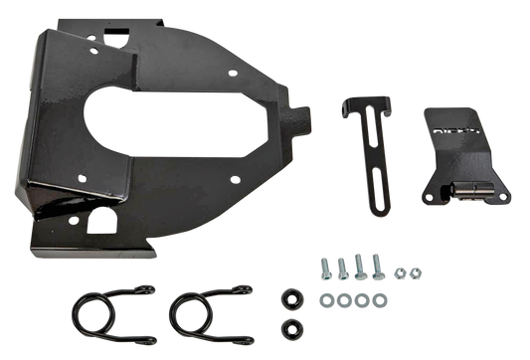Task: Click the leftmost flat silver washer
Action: pyautogui.click(x=325, y=298)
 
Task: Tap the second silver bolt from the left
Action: pyautogui.click(x=341, y=265)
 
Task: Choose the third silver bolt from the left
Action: pyautogui.click(x=359, y=266)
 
